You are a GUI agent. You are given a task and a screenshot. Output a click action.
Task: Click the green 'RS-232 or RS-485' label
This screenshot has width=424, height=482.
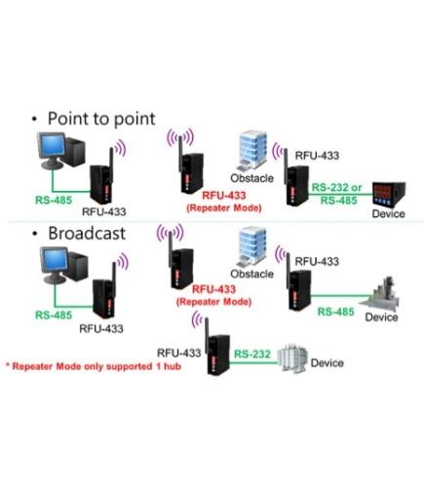point(336,193)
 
